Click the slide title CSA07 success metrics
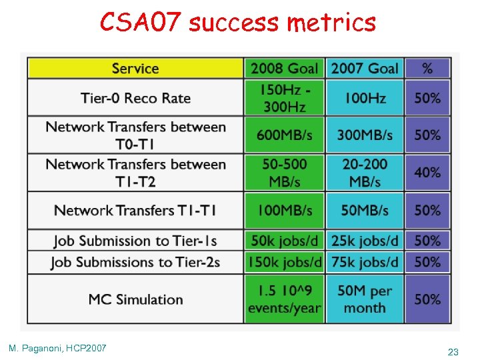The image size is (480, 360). click(x=238, y=23)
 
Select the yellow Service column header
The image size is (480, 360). click(x=135, y=68)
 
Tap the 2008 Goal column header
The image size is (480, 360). click(x=284, y=68)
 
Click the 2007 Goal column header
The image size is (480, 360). click(x=365, y=68)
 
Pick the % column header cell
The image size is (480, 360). click(x=427, y=68)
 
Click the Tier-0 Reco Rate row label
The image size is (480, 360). click(x=135, y=98)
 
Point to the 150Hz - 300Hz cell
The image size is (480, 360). click(x=284, y=98)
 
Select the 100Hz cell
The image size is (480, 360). click(x=365, y=98)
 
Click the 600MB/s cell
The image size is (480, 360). click(x=284, y=135)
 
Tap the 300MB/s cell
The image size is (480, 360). click(x=365, y=135)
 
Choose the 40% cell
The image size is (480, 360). click(x=427, y=173)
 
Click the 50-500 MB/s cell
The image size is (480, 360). click(x=284, y=173)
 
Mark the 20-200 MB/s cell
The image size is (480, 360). click(x=365, y=173)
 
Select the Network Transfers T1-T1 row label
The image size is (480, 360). click(x=135, y=211)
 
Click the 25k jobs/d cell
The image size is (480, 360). click(x=365, y=240)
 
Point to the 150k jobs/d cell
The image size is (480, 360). click(x=284, y=262)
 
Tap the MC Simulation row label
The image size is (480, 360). click(x=135, y=299)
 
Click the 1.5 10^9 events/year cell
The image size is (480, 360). click(x=284, y=299)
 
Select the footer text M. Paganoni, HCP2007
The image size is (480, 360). click(x=57, y=347)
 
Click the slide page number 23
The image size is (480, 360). click(x=453, y=351)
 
